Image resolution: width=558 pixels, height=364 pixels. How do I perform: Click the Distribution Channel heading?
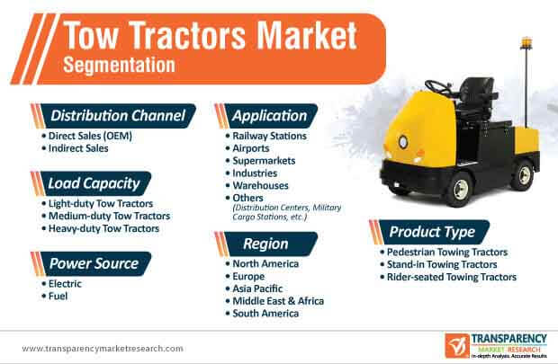(118, 116)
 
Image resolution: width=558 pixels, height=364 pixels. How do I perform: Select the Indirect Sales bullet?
(78, 148)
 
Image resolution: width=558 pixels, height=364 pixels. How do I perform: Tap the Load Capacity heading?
(94, 183)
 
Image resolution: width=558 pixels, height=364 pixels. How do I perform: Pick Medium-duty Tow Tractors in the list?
(109, 216)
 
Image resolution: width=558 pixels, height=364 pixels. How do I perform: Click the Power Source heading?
(94, 263)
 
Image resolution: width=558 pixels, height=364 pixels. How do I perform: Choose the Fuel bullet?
(58, 296)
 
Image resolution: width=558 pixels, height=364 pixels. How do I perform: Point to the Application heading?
(269, 116)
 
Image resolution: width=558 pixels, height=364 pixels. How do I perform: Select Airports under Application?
(251, 148)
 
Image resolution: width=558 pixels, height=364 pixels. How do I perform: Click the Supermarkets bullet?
(264, 161)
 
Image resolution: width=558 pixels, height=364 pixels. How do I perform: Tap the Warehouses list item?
(260, 185)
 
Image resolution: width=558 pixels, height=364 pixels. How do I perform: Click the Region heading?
(265, 244)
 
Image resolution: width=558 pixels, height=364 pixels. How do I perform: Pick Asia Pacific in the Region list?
(257, 289)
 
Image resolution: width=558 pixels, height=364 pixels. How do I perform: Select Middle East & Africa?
(278, 301)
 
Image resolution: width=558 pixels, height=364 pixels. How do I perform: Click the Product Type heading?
(432, 232)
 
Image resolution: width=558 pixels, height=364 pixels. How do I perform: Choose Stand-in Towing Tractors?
(442, 264)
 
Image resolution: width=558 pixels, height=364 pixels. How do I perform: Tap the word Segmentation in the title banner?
(119, 66)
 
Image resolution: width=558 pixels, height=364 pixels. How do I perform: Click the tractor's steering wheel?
(438, 87)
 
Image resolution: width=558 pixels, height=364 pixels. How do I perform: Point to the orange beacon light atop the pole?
(526, 42)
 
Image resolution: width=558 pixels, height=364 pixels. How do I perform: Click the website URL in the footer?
(103, 349)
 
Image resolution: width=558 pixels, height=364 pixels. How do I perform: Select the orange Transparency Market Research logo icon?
(457, 345)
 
